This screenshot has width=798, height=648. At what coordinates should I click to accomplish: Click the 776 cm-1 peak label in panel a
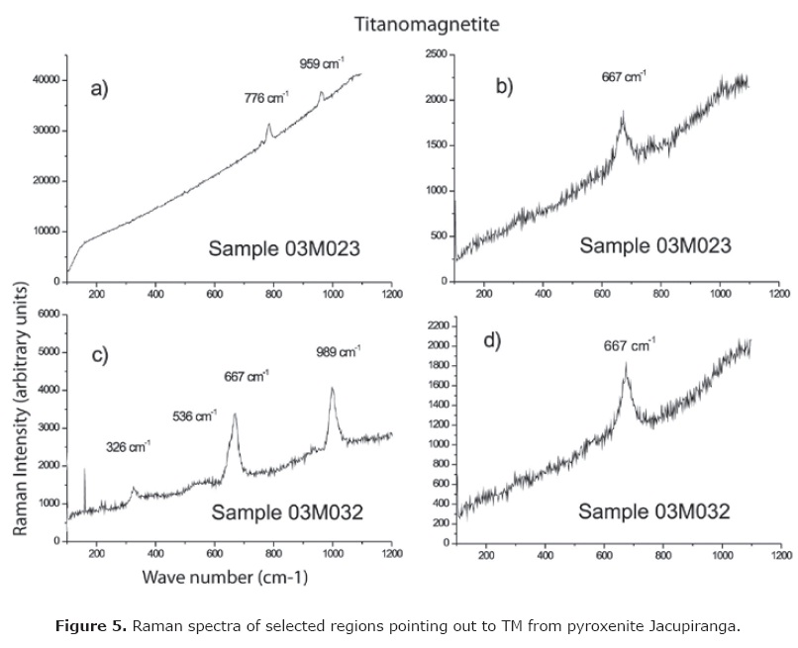pyautogui.click(x=265, y=98)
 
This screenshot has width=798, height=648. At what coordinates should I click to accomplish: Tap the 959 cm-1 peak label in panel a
pyautogui.click(x=322, y=64)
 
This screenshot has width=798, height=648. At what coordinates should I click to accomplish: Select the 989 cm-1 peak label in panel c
pyautogui.click(x=340, y=351)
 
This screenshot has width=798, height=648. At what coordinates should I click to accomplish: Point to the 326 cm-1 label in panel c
pyautogui.click(x=129, y=446)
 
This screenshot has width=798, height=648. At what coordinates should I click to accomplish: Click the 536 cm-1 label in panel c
pyautogui.click(x=194, y=416)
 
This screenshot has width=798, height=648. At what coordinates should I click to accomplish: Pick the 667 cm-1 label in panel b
pyautogui.click(x=625, y=76)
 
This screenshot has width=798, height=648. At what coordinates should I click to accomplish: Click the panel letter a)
pyautogui.click(x=100, y=90)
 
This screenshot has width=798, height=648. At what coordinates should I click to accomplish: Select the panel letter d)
pyautogui.click(x=492, y=342)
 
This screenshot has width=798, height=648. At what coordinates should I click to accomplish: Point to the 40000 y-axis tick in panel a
pyautogui.click(x=46, y=80)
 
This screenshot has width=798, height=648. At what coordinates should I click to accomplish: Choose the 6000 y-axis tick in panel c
pyautogui.click(x=49, y=314)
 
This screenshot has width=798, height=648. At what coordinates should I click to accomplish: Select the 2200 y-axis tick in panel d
pyautogui.click(x=439, y=324)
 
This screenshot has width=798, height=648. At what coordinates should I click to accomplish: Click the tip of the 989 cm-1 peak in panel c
pyautogui.click(x=333, y=388)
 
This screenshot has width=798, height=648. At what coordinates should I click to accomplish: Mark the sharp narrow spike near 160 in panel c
pyautogui.click(x=85, y=469)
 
